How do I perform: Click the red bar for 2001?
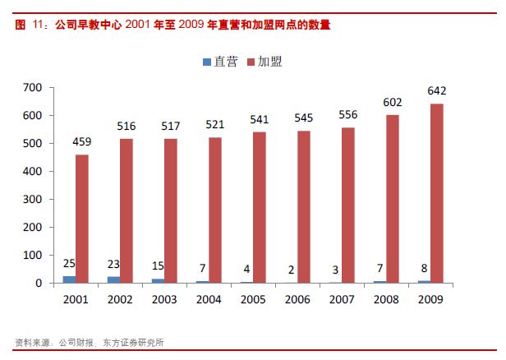[x=82, y=219]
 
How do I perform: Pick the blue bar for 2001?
[x=69, y=279]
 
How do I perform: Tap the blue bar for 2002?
[x=113, y=279]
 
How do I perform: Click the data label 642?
[x=436, y=90]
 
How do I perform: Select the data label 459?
[x=82, y=142]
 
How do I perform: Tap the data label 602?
[x=392, y=102]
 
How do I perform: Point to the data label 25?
[x=69, y=263]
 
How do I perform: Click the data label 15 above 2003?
[x=157, y=266]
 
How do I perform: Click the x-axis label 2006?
[x=297, y=299]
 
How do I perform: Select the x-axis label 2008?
[x=385, y=299]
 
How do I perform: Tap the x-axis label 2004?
[x=208, y=299]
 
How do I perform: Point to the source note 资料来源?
[x=30, y=343]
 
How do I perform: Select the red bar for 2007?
[x=347, y=205]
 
